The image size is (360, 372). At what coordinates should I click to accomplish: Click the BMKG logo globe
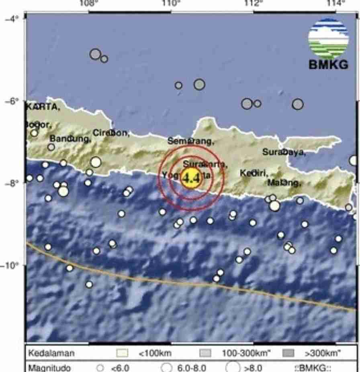click(328, 39)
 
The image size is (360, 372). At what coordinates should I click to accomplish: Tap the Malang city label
click(284, 183)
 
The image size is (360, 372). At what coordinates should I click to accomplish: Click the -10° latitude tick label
click(9, 265)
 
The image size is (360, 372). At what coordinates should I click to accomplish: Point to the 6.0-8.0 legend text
click(192, 368)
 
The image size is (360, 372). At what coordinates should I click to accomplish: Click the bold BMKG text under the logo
click(328, 65)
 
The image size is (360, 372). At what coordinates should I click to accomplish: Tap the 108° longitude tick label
click(89, 4)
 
